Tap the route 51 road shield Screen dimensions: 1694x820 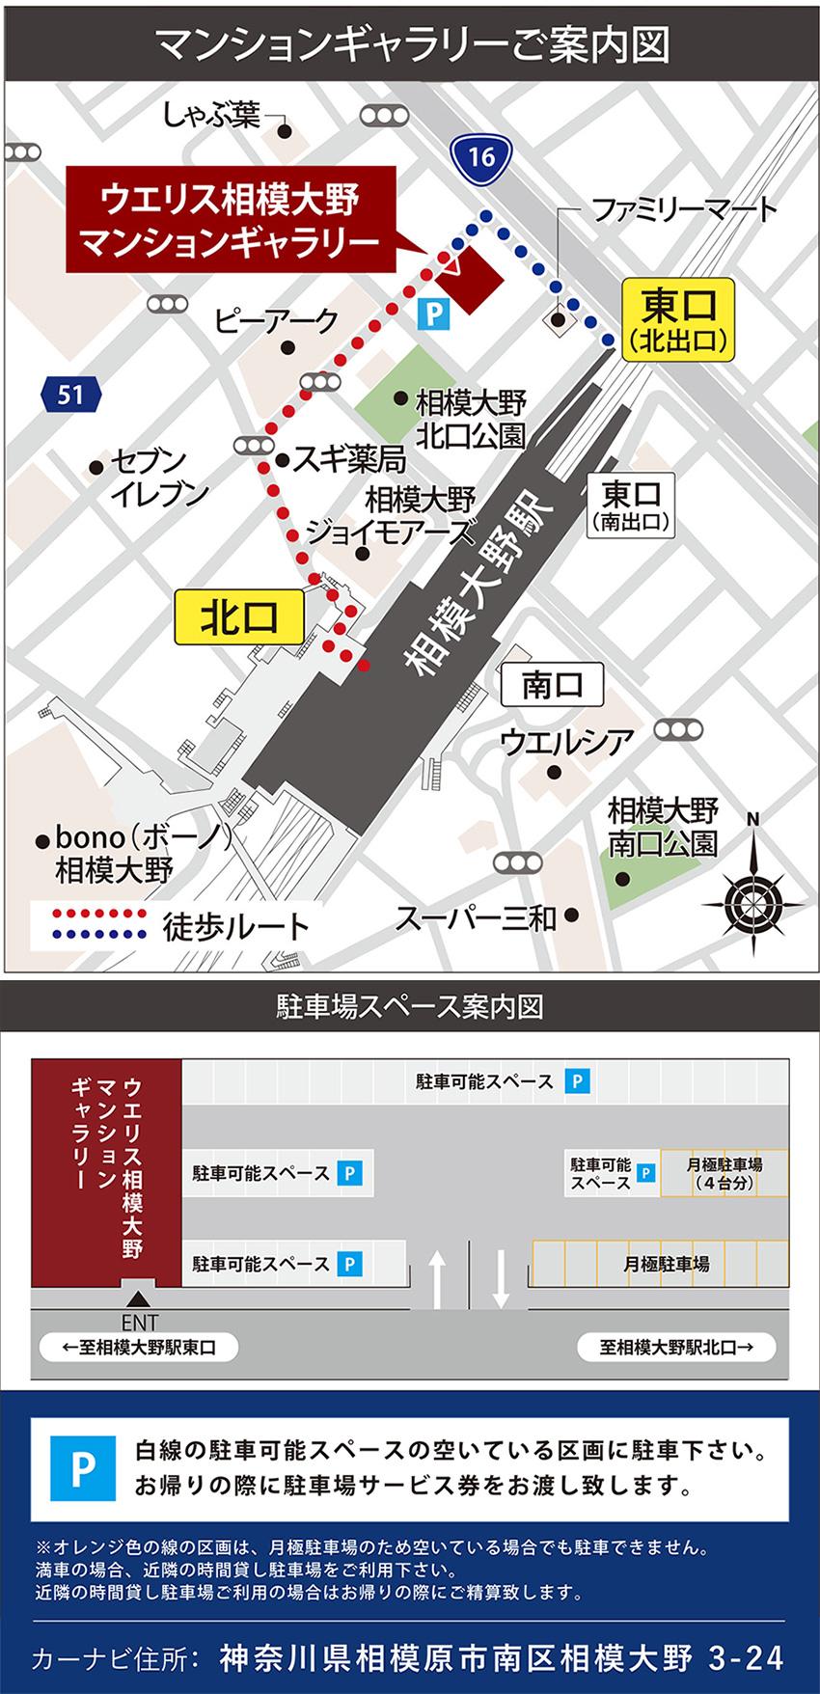coord(70,394)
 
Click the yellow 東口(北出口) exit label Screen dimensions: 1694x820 coord(678,320)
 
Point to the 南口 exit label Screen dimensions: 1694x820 coord(552,686)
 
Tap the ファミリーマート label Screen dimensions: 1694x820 coord(683,209)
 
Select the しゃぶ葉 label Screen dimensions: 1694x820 coord(210,116)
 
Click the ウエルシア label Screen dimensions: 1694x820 coord(567,743)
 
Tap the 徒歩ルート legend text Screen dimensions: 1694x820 coord(236,926)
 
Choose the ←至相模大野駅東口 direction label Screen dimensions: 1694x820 coord(137,1347)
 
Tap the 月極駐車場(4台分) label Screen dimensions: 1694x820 coord(724,1173)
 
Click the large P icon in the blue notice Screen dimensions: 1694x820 coord(82,1468)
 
